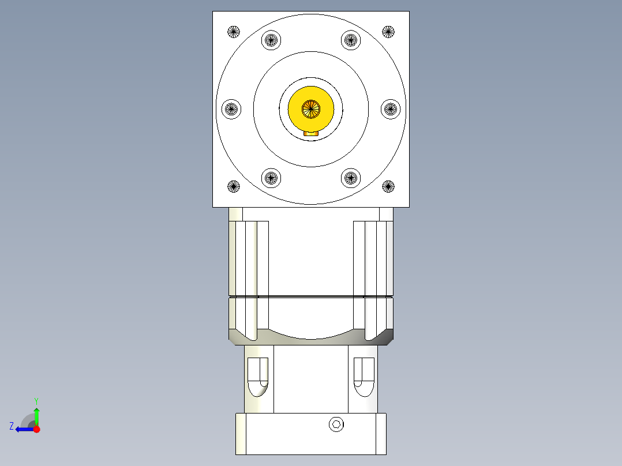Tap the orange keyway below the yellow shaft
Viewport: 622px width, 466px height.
[x=311, y=133]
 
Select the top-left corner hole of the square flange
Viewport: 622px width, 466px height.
[x=233, y=32]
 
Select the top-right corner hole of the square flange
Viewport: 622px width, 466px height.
[x=388, y=31]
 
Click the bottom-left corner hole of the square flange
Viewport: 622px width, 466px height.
[x=233, y=186]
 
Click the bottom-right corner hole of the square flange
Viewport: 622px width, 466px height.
[x=388, y=186]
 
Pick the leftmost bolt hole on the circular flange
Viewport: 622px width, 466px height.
[x=231, y=108]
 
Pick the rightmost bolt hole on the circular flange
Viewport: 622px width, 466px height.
[x=391, y=108]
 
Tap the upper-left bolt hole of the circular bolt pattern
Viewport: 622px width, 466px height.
[x=271, y=40]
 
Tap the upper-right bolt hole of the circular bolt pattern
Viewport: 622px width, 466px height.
[x=351, y=40]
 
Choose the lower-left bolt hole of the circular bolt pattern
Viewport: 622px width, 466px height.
[x=271, y=178]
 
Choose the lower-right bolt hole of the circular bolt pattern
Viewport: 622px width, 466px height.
[x=351, y=178]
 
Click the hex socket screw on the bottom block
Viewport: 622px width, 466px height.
[x=336, y=425]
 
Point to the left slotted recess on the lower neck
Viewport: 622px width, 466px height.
[x=258, y=377]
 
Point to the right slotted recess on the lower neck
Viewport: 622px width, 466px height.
[x=364, y=377]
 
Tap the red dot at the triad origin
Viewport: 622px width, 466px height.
[x=36, y=429]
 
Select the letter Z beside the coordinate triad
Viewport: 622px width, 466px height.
[x=12, y=426]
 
